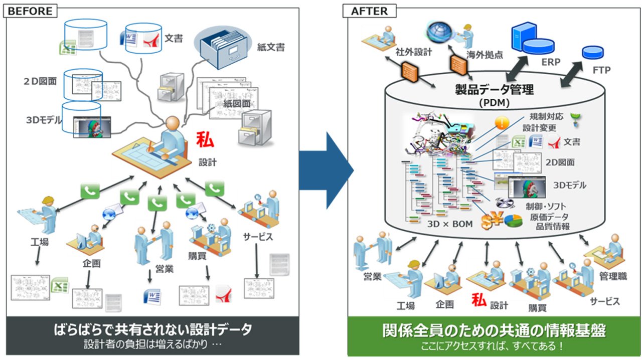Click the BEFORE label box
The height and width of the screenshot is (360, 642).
30,11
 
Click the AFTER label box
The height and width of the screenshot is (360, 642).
370,11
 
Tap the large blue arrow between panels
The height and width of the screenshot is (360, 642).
327,170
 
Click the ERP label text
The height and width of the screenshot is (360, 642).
551,62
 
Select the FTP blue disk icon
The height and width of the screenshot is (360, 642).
593,53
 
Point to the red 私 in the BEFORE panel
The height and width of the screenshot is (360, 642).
205,140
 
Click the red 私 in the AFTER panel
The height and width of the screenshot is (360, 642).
479,300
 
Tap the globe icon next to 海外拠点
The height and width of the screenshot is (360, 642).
439,32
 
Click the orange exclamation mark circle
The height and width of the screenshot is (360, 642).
502,123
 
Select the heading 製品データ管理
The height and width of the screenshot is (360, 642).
495,89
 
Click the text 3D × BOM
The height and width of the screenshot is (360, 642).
450,224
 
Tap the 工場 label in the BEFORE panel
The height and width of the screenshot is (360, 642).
40,242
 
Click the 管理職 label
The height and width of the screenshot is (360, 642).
613,276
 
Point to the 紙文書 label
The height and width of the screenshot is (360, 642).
271,47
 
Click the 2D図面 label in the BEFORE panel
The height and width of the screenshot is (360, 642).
40,81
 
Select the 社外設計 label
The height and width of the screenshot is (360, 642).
414,52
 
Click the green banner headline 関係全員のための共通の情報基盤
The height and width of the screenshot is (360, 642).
494,330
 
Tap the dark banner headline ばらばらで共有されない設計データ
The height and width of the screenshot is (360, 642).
153,329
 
